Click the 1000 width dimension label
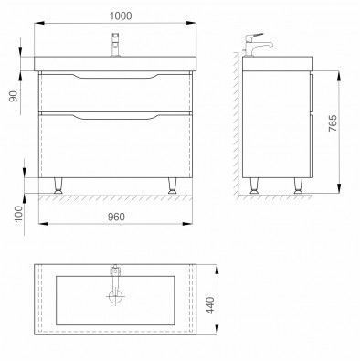[121, 16]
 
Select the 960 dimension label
[116, 217]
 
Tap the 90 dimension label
[14, 96]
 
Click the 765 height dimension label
[333, 123]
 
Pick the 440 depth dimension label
[210, 305]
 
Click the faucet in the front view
[115, 45]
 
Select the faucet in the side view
[256, 45]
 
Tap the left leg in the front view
[58, 186]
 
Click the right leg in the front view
[172, 186]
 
